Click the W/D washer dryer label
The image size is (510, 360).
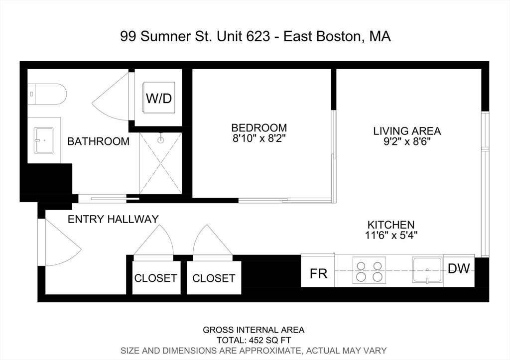159,99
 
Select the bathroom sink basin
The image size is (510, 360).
43,140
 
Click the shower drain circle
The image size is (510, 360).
160,140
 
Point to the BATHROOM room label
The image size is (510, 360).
98,141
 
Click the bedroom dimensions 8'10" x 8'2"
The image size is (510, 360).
259,138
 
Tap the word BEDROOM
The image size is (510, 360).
259,128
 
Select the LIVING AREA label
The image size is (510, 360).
407,131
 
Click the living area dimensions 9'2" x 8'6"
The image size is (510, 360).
407,141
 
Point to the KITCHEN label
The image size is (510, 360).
391,225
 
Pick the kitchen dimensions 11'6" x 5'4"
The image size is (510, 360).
391,235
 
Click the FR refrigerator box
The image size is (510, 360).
318,274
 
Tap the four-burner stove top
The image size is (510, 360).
369,270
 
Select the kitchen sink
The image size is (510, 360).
427,270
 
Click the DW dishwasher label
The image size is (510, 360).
459,269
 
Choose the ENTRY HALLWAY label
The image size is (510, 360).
113,219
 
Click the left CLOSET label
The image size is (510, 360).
155,278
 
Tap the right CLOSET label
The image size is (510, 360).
214,278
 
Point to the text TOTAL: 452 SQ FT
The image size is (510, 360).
254,340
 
